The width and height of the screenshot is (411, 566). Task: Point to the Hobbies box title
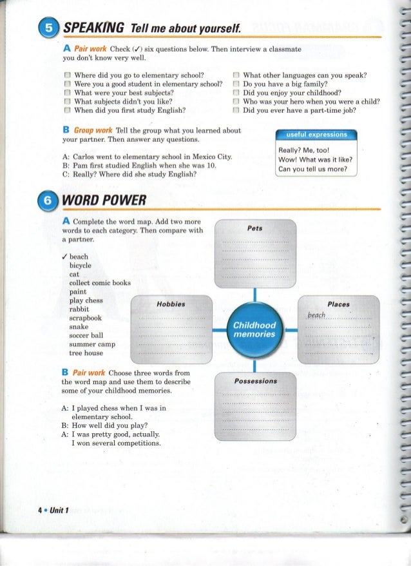coord(171,304)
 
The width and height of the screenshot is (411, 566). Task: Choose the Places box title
coord(338,304)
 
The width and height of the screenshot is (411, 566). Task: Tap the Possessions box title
coord(255,381)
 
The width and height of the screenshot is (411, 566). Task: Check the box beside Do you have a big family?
coord(236,84)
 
